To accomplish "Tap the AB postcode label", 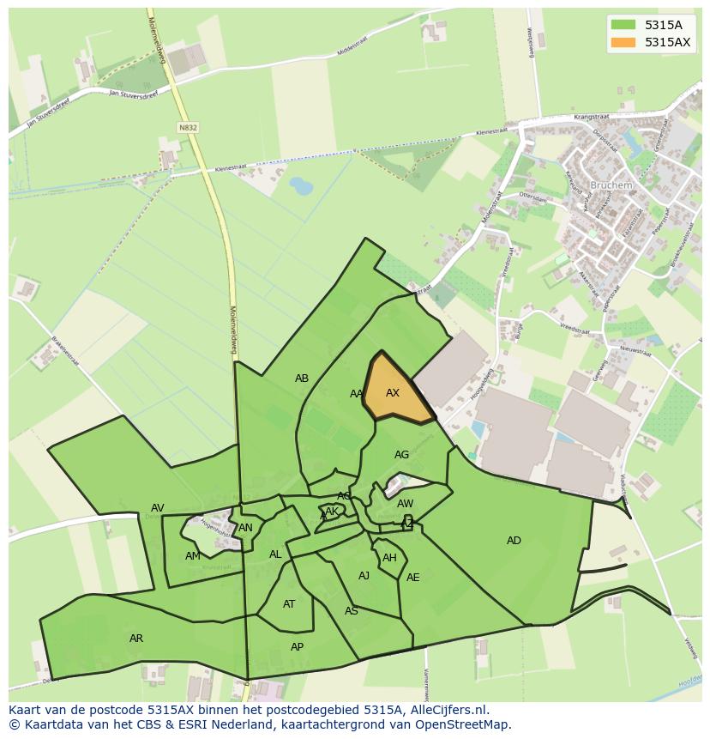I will (x=302, y=379).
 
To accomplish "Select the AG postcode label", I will (x=401, y=455).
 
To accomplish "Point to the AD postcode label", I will (x=514, y=541).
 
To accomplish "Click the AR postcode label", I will (x=136, y=639).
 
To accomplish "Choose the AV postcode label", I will (x=158, y=508).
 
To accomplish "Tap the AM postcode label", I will (x=192, y=556).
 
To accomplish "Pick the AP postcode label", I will (x=297, y=647).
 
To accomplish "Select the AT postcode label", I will (x=289, y=604).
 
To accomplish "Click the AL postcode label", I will (x=275, y=554).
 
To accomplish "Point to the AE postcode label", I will (x=413, y=578).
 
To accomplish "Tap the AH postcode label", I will (x=389, y=558).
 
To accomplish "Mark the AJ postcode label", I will (x=364, y=576).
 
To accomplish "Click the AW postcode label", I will (x=406, y=504).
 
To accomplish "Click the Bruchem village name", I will (x=611, y=185).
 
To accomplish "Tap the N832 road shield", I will (x=188, y=127).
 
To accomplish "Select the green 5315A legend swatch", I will (x=623, y=25).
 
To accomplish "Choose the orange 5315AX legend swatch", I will (x=623, y=42).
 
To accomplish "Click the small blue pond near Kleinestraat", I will (x=301, y=185).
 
